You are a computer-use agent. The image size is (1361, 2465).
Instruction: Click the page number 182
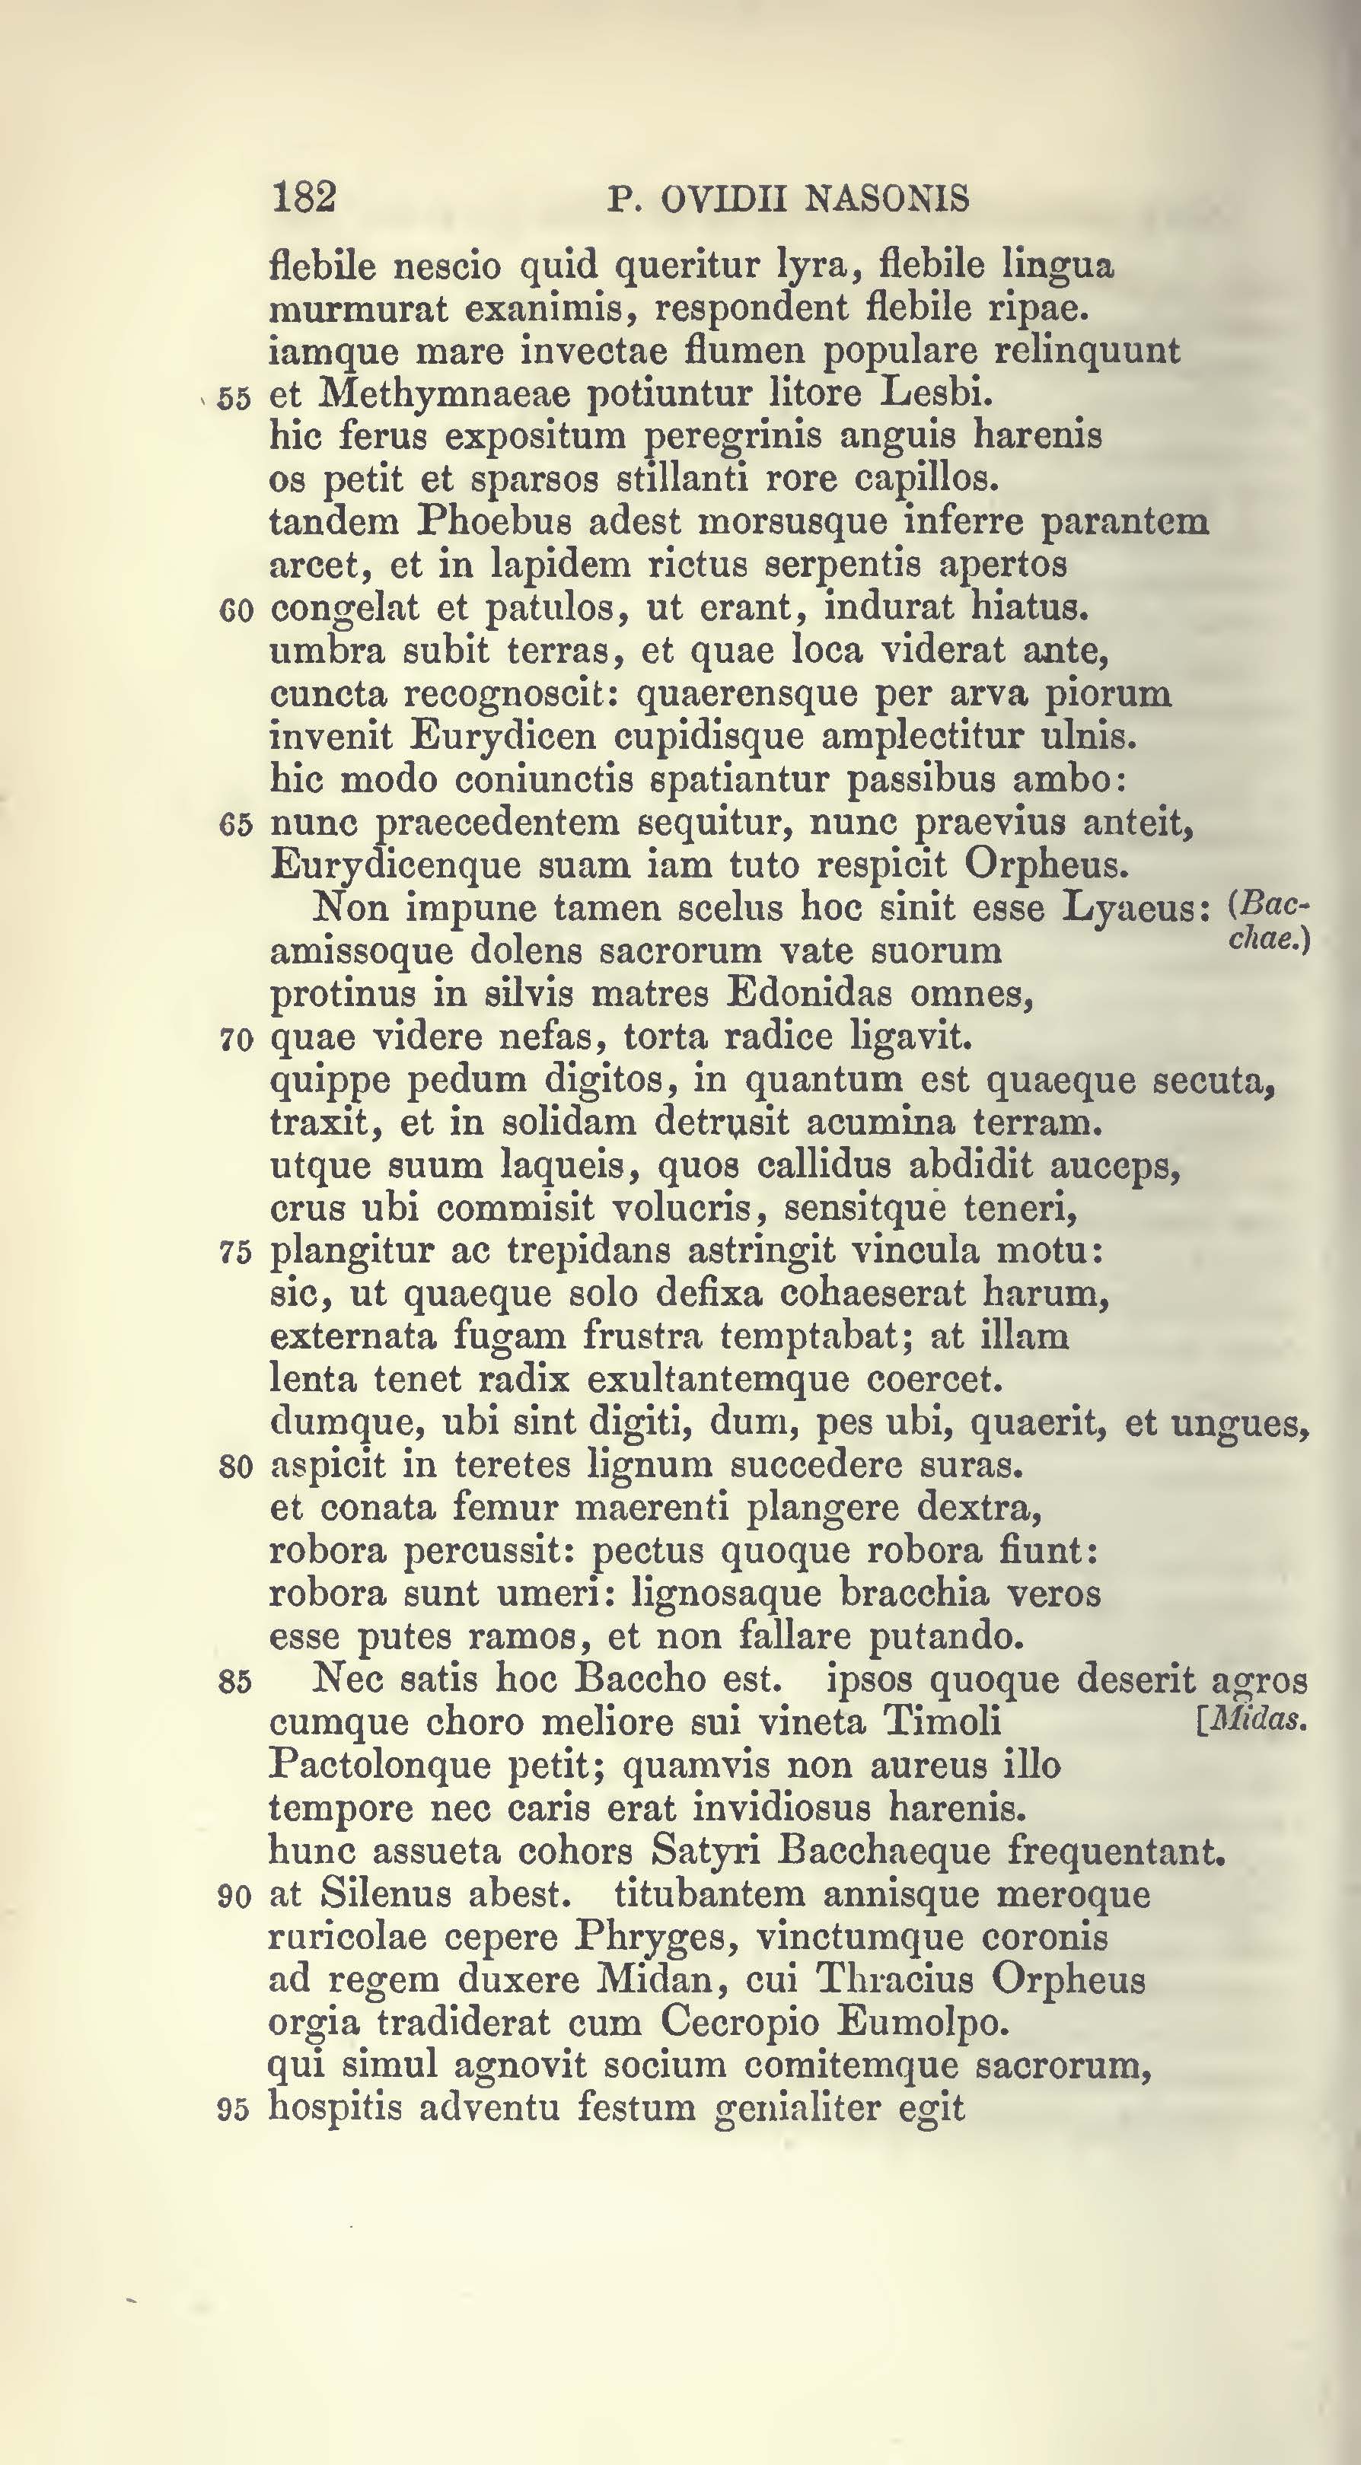[x=304, y=197]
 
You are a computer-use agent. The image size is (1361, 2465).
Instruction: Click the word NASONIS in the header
[x=888, y=199]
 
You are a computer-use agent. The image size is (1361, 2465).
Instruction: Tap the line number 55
[x=234, y=398]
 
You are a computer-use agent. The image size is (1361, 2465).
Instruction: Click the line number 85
[x=235, y=1681]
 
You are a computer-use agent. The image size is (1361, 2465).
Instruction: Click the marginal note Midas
[x=1254, y=1721]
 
